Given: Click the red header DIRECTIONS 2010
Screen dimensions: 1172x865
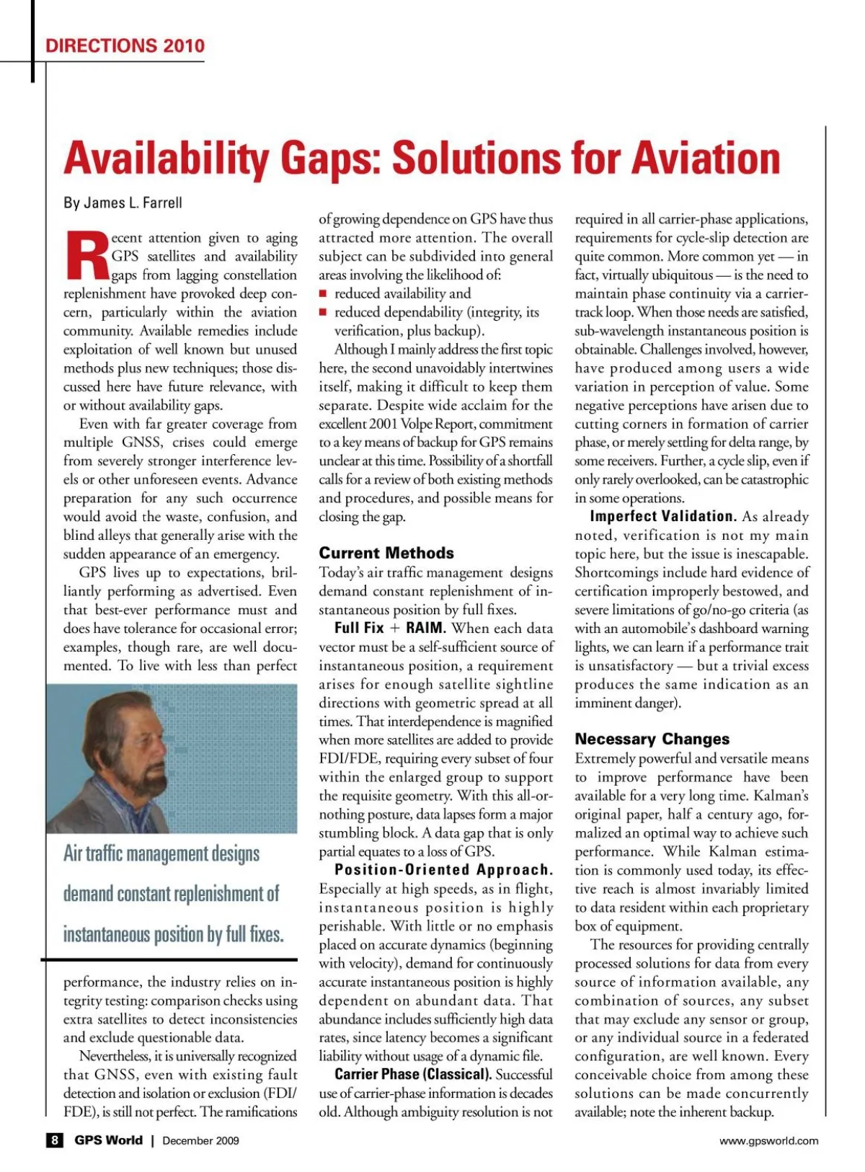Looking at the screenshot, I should (125, 46).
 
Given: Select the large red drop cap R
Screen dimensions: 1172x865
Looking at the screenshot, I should (86, 256).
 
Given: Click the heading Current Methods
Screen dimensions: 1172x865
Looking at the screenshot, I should (386, 553).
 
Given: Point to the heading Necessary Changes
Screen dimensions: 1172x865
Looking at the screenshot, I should (652, 739).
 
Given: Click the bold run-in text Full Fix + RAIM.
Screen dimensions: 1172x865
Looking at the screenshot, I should (390, 628).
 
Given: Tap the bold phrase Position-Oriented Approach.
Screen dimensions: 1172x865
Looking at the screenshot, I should (443, 870).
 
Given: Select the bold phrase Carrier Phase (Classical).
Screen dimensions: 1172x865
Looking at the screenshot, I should (413, 1075).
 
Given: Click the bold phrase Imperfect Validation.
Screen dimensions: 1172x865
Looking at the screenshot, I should (662, 516).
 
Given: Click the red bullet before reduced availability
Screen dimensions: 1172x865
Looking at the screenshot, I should (324, 293).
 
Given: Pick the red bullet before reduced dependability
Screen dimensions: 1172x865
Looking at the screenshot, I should (324, 312).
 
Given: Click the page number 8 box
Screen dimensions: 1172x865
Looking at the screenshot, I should (54, 1140).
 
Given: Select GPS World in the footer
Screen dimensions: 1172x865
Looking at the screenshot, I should (108, 1140).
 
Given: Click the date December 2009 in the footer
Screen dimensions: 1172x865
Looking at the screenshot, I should (200, 1140).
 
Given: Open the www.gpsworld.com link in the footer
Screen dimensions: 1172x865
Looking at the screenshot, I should (769, 1140).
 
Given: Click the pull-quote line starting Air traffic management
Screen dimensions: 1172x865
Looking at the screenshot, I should (161, 854).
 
